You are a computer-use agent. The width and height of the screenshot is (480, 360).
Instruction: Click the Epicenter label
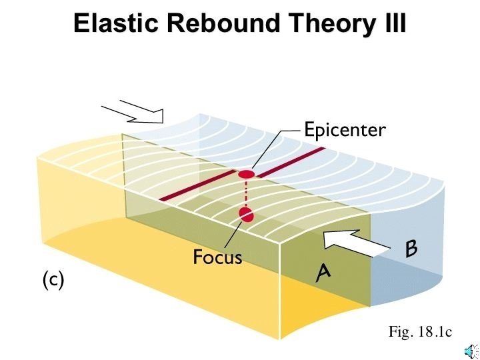click(344, 129)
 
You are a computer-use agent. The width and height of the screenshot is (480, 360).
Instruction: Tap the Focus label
click(217, 257)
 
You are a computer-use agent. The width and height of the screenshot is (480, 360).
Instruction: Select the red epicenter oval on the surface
click(247, 175)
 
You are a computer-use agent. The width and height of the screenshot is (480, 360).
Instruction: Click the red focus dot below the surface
click(247, 215)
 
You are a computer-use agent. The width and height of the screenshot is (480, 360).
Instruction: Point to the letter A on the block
click(324, 272)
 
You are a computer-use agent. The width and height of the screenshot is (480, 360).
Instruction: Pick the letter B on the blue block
click(411, 249)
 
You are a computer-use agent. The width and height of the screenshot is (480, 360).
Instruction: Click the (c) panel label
click(53, 281)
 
